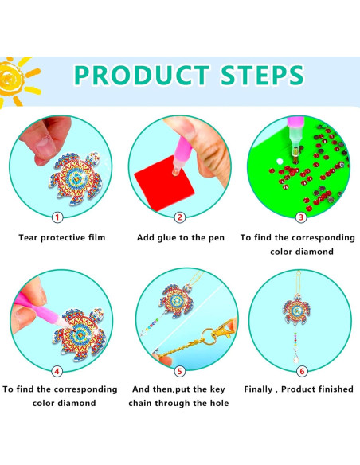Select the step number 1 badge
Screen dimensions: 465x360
[x=57, y=217]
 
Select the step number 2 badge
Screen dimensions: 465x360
[x=180, y=217]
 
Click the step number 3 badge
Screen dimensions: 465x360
[x=301, y=217]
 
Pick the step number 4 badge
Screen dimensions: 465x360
[x=57, y=370]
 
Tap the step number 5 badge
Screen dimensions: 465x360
[x=180, y=370]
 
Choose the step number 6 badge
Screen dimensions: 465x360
[x=301, y=370]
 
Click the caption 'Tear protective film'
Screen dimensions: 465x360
[x=61, y=237]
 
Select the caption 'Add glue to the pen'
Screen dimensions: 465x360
[x=181, y=237]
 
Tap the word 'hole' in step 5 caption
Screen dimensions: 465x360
[x=216, y=404]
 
